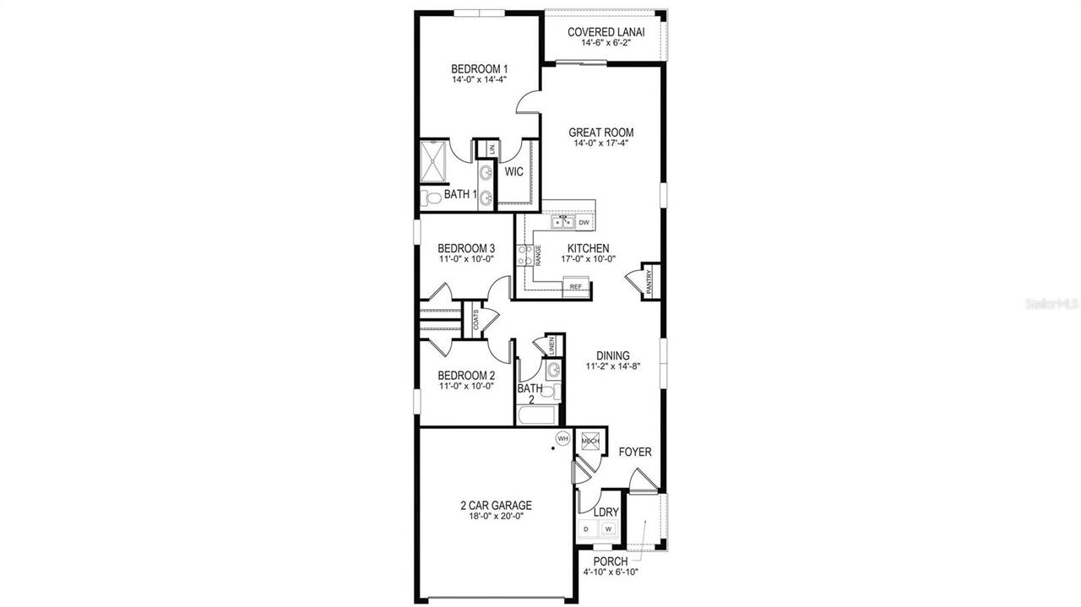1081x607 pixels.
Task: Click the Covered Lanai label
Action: pos(606,32)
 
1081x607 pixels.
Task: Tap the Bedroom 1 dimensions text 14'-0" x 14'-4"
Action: pos(479,80)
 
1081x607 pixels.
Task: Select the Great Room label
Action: pos(600,133)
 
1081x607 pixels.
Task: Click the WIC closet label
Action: pos(513,171)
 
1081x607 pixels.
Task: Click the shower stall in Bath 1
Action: pos(435,161)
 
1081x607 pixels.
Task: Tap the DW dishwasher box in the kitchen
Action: pos(584,223)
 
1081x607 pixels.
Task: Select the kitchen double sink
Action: pos(562,223)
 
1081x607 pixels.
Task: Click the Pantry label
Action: pos(649,280)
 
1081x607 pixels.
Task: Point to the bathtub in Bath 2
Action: pos(537,416)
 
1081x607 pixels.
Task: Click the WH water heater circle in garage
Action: pos(562,438)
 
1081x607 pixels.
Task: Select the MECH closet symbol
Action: pos(590,441)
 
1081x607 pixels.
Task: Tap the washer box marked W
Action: pos(608,529)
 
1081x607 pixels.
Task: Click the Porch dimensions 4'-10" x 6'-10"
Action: pos(610,572)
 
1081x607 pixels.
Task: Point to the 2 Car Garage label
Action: pos(496,506)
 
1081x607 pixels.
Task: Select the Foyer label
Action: pos(635,452)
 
